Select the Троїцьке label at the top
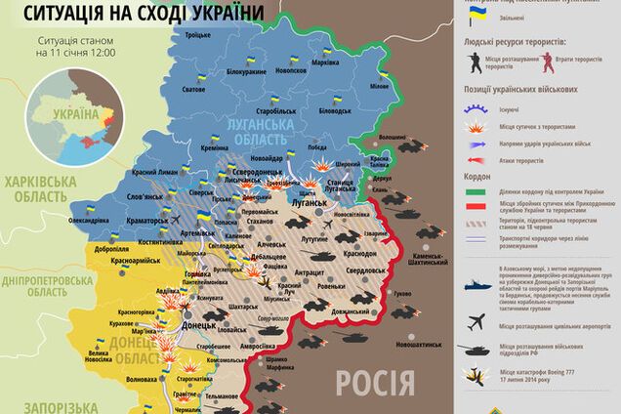[199, 33]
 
